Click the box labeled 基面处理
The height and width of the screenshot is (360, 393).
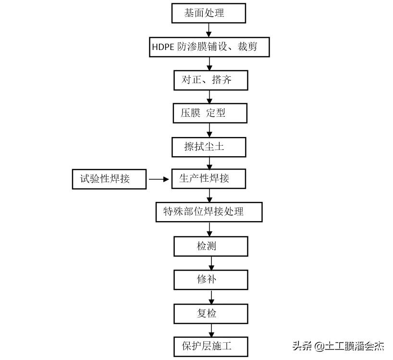pyautogui.click(x=209, y=13)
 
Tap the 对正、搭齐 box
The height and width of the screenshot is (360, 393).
pyautogui.click(x=210, y=80)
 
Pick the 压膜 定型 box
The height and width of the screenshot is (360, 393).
pyautogui.click(x=210, y=113)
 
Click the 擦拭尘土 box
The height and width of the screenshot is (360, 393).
pyautogui.click(x=209, y=147)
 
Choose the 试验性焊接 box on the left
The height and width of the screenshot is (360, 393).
pyautogui.click(x=109, y=179)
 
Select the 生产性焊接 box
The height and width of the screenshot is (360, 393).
pyautogui.click(x=209, y=179)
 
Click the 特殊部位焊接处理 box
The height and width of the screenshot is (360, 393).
pyautogui.click(x=209, y=212)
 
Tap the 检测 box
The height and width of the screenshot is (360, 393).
pyautogui.click(x=210, y=246)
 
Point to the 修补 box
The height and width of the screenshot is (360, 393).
pyautogui.click(x=210, y=280)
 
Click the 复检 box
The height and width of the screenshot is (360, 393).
pyautogui.click(x=210, y=313)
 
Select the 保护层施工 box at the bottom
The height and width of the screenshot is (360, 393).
pyautogui.click(x=210, y=346)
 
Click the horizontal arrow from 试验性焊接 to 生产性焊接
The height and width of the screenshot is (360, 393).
pyautogui.click(x=159, y=179)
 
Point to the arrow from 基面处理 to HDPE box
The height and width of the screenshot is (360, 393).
pyautogui.click(x=209, y=30)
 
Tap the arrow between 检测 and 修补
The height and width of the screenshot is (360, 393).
pyautogui.click(x=211, y=263)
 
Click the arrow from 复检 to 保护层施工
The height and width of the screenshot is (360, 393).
pyautogui.click(x=211, y=330)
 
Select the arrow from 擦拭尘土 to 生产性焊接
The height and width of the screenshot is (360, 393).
pyautogui.click(x=209, y=162)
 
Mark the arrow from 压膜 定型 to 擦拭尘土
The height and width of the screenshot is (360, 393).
pyautogui.click(x=209, y=130)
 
